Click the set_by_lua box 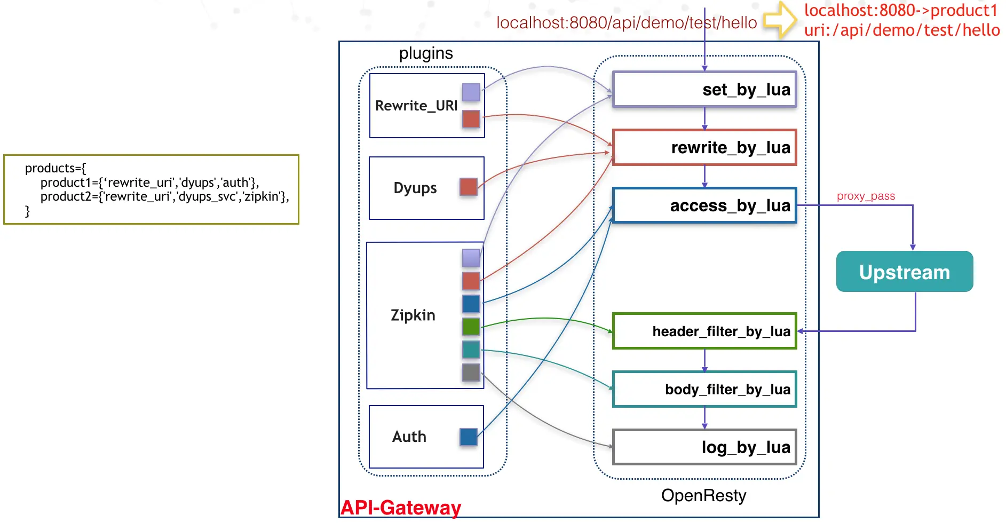[704, 90]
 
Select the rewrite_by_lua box [704, 147]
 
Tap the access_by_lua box [704, 205]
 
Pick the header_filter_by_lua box [704, 331]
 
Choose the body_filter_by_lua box [704, 390]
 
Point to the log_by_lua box [704, 447]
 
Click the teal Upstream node [905, 272]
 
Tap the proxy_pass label [866, 196]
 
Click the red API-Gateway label [401, 508]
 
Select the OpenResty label [703, 496]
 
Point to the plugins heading [426, 53]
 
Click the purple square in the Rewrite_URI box [471, 92]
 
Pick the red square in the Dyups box [468, 187]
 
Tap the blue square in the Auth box [468, 437]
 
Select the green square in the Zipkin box [471, 326]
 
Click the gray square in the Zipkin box [471, 372]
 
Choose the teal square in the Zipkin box [471, 350]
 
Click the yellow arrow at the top [780, 20]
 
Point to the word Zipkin [413, 315]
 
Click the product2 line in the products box [164, 197]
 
